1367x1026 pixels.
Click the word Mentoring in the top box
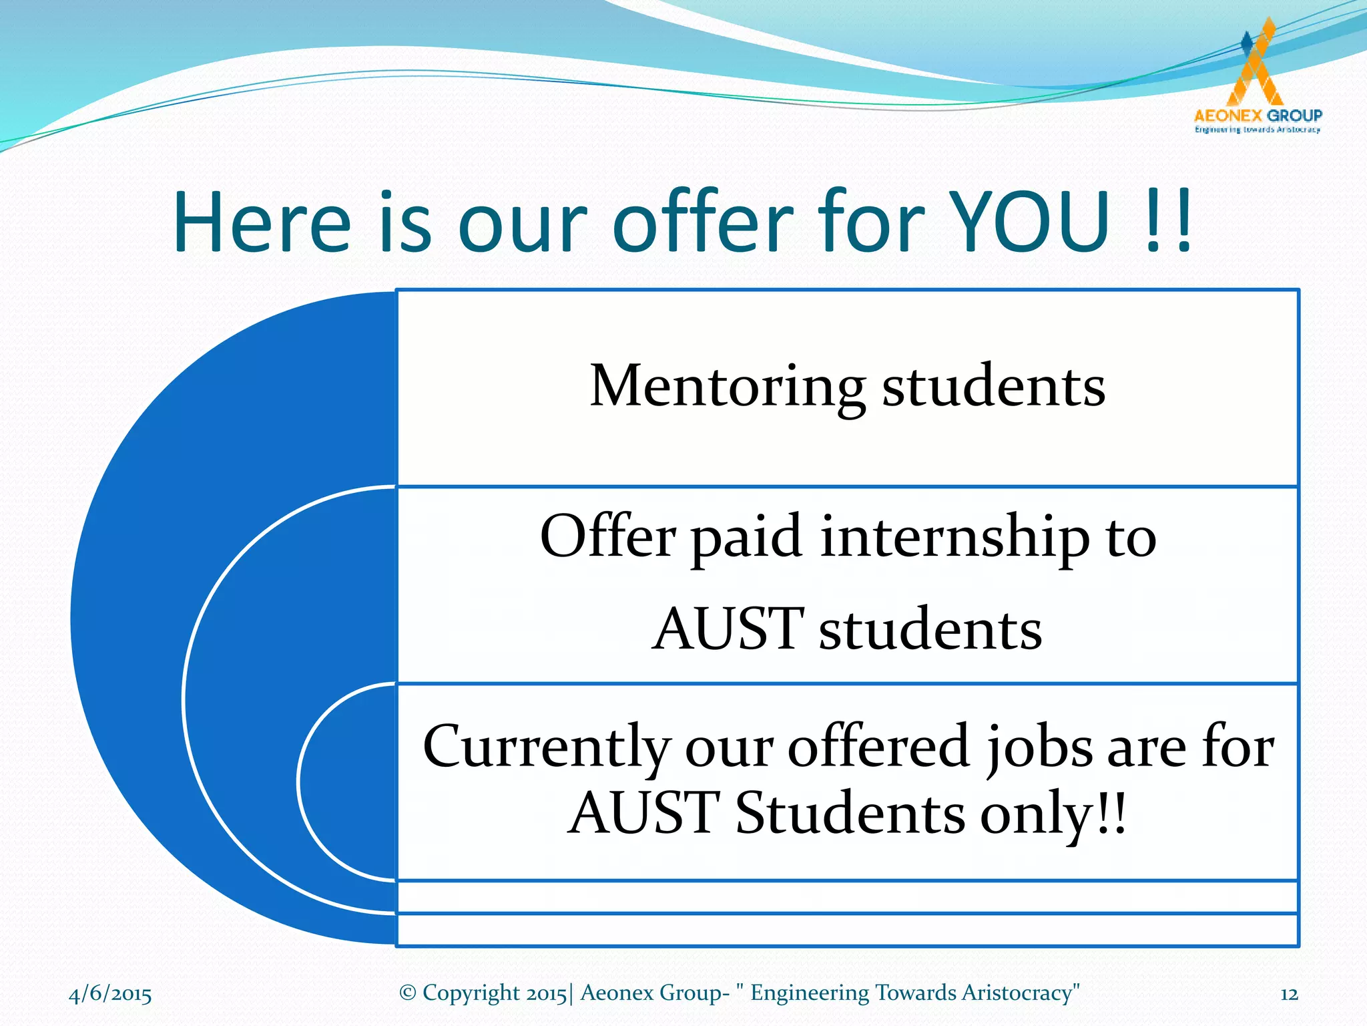pyautogui.click(x=728, y=387)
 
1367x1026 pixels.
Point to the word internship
pyautogui.click(x=954, y=538)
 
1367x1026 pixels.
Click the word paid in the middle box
pyautogui.click(x=746, y=538)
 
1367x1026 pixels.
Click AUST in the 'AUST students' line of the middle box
pyautogui.click(x=727, y=629)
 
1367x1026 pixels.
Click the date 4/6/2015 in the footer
pyautogui.click(x=110, y=994)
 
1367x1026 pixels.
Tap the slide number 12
pyautogui.click(x=1289, y=994)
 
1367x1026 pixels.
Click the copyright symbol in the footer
pyautogui.click(x=408, y=993)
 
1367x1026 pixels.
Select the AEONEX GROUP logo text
pyautogui.click(x=1258, y=116)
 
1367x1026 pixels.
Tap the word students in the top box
pyautogui.click(x=994, y=387)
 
